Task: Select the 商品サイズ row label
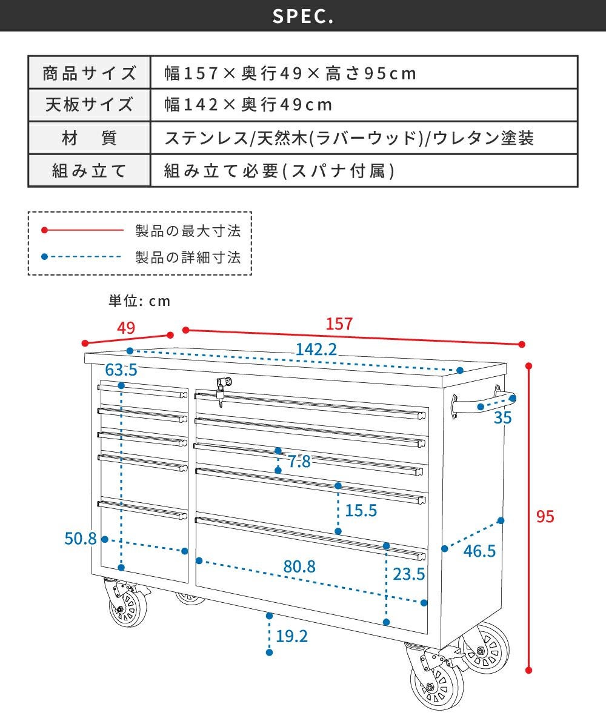point(89,74)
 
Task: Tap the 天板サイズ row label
point(89,105)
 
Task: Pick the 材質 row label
point(89,139)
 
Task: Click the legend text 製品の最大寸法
point(188,231)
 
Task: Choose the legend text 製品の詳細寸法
point(188,257)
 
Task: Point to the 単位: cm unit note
point(139,300)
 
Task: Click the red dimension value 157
point(339,324)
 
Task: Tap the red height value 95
point(545,517)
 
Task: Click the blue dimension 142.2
point(316,350)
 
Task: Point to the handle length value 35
point(502,417)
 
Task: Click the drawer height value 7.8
point(299,462)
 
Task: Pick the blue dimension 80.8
point(299,567)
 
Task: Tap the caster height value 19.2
point(291,636)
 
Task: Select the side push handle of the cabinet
point(479,404)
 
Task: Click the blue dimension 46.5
point(479,551)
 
